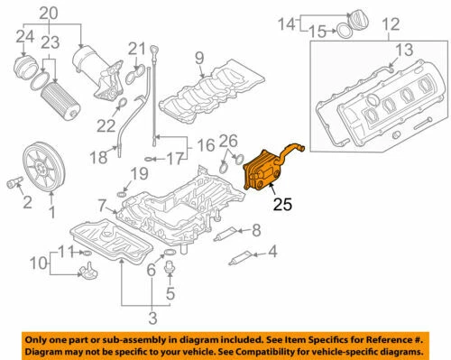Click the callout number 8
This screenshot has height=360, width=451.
256,230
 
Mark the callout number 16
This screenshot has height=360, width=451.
205,144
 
